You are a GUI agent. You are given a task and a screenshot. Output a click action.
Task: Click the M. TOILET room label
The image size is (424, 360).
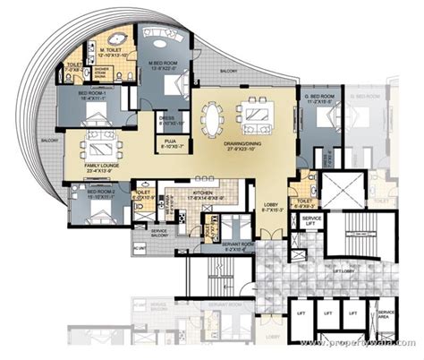[113, 52]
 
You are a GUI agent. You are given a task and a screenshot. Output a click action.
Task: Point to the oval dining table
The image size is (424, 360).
[213, 117]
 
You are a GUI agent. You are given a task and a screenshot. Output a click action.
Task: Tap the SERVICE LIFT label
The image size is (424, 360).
[312, 221]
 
